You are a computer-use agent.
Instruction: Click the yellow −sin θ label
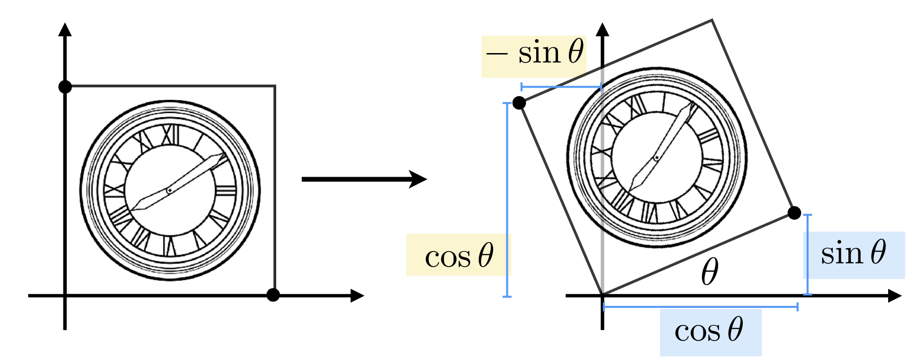pyautogui.click(x=534, y=55)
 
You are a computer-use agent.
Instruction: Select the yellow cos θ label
pyautogui.click(x=459, y=255)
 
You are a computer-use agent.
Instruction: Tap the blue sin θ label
pyautogui.click(x=854, y=255)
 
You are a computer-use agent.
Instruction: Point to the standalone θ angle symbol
pyautogui.click(x=709, y=272)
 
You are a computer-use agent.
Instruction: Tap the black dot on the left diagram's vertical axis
pyautogui.click(x=65, y=87)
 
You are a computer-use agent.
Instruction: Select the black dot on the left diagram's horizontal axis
pyautogui.click(x=273, y=295)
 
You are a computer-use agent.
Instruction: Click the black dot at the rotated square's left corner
pyautogui.click(x=519, y=103)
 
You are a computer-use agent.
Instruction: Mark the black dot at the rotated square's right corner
pyautogui.click(x=794, y=213)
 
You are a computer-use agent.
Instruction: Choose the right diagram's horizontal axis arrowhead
pyautogui.click(x=894, y=296)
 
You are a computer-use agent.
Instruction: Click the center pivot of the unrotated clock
pyautogui.click(x=169, y=190)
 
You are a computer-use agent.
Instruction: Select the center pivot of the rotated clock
pyautogui.click(x=657, y=158)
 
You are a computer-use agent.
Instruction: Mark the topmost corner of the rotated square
pyautogui.click(x=712, y=20)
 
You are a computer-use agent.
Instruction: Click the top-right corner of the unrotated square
pyautogui.click(x=275, y=86)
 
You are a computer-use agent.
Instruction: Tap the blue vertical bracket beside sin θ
pyautogui.click(x=808, y=255)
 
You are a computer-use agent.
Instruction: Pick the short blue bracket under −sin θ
pyautogui.click(x=561, y=87)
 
